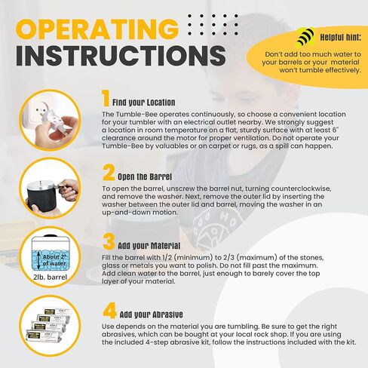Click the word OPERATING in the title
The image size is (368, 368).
[x=97, y=29]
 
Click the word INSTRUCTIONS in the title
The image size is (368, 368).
[x=121, y=56]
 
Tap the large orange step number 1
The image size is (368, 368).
[x=106, y=98]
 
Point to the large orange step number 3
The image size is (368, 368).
[x=109, y=241]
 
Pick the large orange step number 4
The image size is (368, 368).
[x=109, y=311]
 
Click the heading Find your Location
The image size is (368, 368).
[x=144, y=103]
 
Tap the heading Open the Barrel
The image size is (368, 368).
[x=145, y=176]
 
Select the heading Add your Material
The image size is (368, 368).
[x=149, y=246]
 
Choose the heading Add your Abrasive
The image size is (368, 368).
[x=152, y=314]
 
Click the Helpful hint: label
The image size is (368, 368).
[x=341, y=38]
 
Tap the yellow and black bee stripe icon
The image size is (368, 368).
[x=305, y=38]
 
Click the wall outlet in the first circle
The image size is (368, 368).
[x=41, y=109]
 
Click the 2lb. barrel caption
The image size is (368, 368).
[x=50, y=278]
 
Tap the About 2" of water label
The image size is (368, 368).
[x=54, y=260]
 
